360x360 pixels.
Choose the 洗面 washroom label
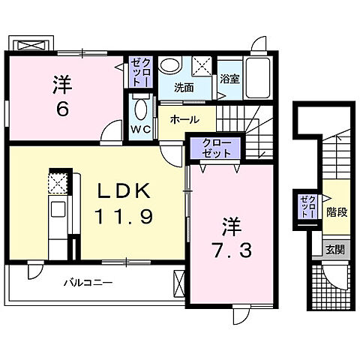coord(184,86)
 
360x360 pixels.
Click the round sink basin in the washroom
coord(169,64)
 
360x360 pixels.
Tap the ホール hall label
coord(184,119)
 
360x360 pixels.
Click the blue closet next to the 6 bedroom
coord(140,72)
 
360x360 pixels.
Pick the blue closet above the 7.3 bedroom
coord(215,148)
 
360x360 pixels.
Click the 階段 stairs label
coord(337,212)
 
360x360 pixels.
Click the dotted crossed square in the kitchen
coord(58,183)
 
